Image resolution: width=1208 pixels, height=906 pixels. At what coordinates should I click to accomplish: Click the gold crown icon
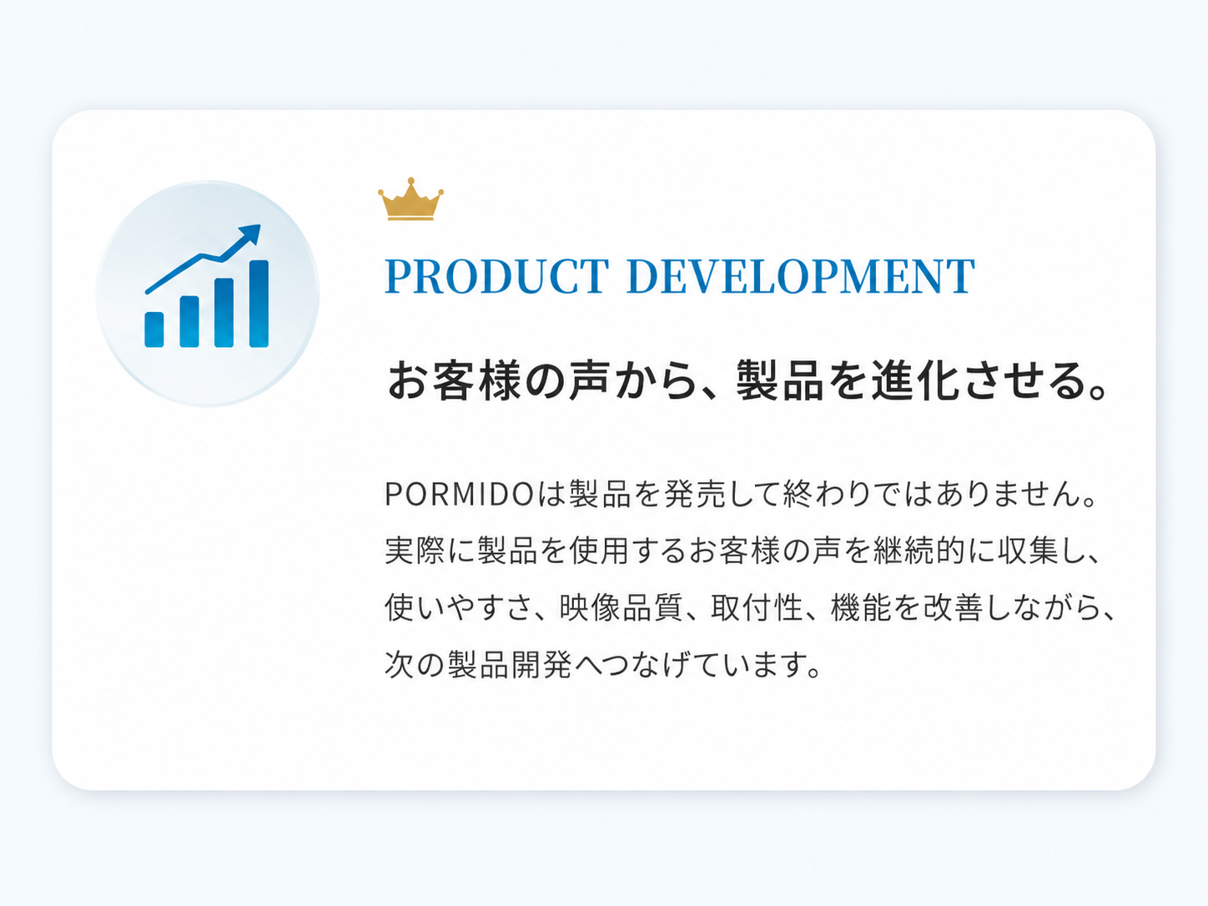[410, 199]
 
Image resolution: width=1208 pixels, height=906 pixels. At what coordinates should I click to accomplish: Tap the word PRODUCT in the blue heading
[496, 276]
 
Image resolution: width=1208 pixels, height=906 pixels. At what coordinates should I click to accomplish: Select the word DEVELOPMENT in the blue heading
[801, 276]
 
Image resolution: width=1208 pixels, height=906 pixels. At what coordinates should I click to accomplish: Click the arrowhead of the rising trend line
[250, 234]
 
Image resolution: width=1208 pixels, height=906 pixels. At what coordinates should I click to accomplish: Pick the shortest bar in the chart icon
[154, 330]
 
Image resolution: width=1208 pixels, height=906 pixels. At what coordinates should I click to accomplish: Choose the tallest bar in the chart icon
[259, 304]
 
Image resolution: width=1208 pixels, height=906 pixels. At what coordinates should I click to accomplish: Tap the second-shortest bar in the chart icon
[189, 322]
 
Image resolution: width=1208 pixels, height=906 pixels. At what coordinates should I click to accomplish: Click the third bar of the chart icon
[224, 313]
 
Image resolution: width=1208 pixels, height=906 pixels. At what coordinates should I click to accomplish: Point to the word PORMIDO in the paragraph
[460, 494]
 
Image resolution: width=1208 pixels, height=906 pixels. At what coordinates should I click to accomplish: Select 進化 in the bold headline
[917, 380]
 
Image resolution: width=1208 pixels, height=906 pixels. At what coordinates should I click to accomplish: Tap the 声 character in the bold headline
[589, 380]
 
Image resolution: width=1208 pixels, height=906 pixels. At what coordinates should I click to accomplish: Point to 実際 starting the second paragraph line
[415, 551]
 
